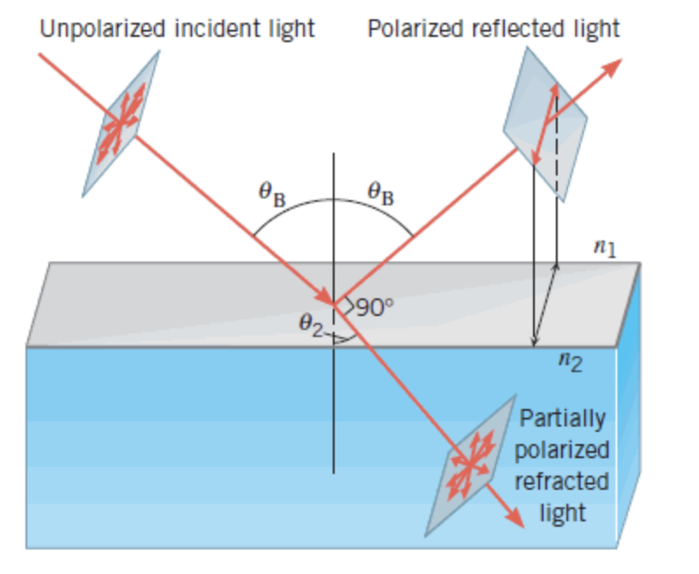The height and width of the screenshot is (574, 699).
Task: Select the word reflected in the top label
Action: coord(504,29)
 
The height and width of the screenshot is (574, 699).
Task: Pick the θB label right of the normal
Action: coord(380,193)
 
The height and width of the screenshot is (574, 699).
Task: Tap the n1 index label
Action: coord(604,249)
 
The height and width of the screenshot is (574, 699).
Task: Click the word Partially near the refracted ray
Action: coord(562,419)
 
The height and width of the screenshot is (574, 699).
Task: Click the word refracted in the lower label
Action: coord(562,481)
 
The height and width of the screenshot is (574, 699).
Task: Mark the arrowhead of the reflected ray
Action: coord(612,68)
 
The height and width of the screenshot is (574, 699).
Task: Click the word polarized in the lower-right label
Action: coord(562,450)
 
